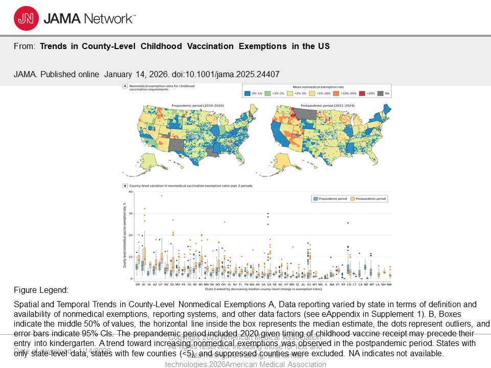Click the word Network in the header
[x=108, y=19]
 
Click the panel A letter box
[x=125, y=87]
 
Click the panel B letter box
[x=125, y=186]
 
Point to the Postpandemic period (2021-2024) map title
[x=323, y=105]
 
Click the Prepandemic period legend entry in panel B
[x=330, y=198]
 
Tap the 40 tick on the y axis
[x=131, y=192]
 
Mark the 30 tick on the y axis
[x=131, y=213]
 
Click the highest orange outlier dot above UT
[x=162, y=196]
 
